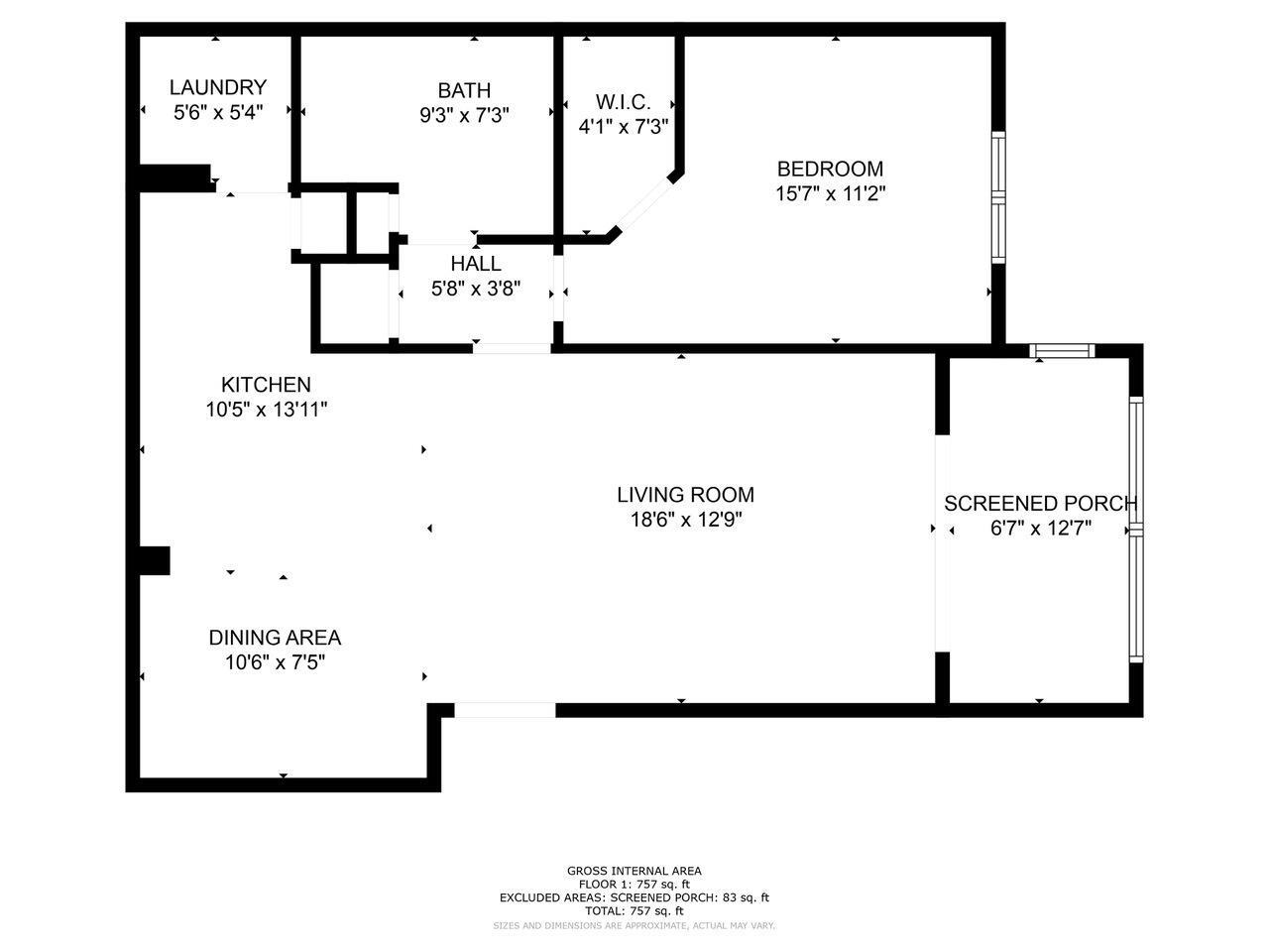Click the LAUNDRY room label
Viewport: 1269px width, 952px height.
tap(217, 87)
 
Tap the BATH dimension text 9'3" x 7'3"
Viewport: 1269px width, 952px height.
tap(464, 115)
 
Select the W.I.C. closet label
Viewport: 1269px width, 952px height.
tap(623, 102)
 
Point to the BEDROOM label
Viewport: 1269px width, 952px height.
tap(830, 169)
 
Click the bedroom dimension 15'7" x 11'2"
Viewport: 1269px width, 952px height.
tap(830, 193)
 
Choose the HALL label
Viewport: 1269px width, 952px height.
tap(476, 264)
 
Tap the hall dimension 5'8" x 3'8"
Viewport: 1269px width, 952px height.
tap(476, 290)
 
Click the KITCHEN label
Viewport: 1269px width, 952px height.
tap(266, 385)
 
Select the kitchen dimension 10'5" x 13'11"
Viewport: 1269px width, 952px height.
tap(266, 410)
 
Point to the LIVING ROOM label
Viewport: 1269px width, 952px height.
tap(685, 495)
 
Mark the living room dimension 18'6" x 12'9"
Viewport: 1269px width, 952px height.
tap(685, 520)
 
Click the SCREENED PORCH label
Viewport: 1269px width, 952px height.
tap(1040, 504)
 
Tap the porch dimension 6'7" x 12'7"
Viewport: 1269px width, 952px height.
tap(1040, 529)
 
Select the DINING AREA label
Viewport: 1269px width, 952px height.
tap(275, 638)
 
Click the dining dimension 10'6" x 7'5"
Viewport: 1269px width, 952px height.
tap(275, 662)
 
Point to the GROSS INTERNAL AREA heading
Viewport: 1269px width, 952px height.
tap(634, 871)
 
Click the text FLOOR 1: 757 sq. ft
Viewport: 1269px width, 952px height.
tap(634, 884)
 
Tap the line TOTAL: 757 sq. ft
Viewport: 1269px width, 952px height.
tap(634, 910)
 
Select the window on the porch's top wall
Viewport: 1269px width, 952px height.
tap(1062, 350)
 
